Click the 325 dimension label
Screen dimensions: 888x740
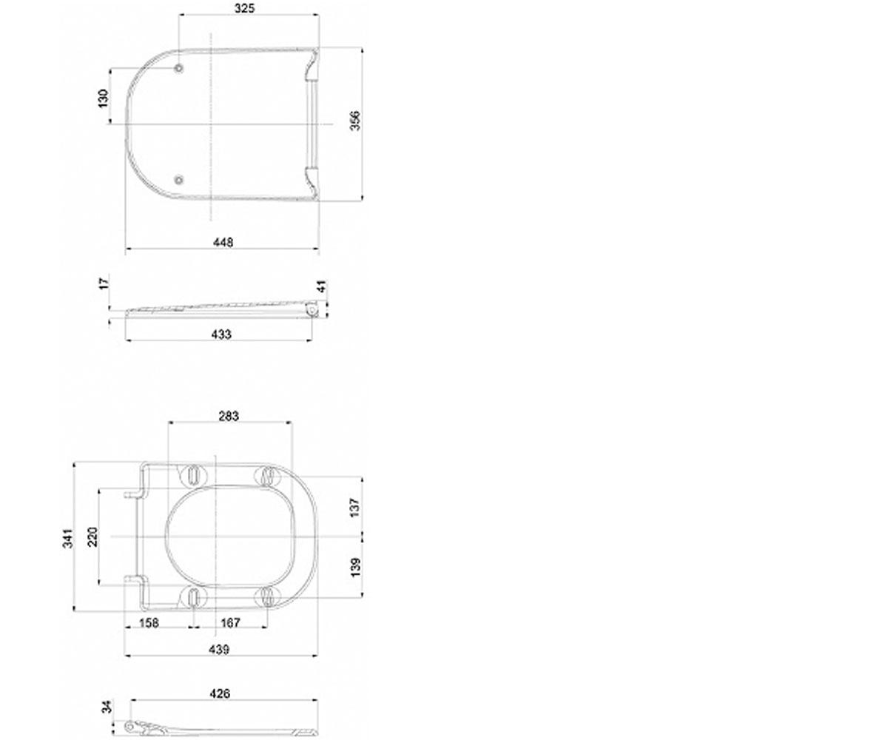tap(244, 8)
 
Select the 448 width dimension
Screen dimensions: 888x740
tap(223, 242)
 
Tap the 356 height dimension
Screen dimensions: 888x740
tap(355, 121)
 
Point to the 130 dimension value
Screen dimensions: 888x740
tap(104, 98)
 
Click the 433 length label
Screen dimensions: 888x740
tap(221, 334)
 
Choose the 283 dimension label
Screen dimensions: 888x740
tap(229, 416)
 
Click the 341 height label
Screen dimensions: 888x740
tap(68, 538)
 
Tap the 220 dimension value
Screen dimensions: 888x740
tap(92, 536)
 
